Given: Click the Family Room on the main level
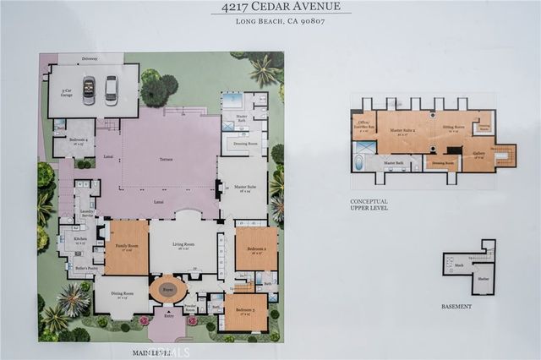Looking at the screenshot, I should (x=126, y=247).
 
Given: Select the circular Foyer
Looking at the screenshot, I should (x=167, y=289).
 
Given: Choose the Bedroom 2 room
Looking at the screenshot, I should (x=256, y=248).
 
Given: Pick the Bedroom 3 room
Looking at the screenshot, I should (x=246, y=312).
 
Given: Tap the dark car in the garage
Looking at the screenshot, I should (x=89, y=90).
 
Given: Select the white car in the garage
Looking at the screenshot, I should (x=111, y=90).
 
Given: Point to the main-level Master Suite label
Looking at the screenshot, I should (x=245, y=188).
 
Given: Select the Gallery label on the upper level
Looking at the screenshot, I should (x=478, y=153).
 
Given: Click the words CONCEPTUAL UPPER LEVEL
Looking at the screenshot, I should (x=369, y=204).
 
